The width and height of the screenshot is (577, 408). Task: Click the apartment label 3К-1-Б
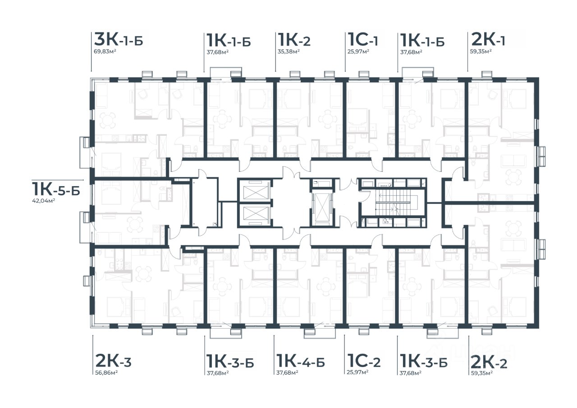[119, 40]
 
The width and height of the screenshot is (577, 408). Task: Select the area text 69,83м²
[105, 51]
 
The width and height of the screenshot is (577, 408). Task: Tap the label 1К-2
[294, 40]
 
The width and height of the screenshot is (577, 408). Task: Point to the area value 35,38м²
[288, 51]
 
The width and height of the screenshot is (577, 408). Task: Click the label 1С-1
[363, 40]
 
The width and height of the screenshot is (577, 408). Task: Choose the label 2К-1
[488, 40]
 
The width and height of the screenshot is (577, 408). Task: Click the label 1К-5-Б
[56, 189]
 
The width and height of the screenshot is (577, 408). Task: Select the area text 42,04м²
[43, 201]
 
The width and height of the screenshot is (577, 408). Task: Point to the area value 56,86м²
[106, 372]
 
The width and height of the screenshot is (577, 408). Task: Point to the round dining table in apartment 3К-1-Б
[108, 120]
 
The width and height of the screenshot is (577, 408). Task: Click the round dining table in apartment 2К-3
[144, 274]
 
